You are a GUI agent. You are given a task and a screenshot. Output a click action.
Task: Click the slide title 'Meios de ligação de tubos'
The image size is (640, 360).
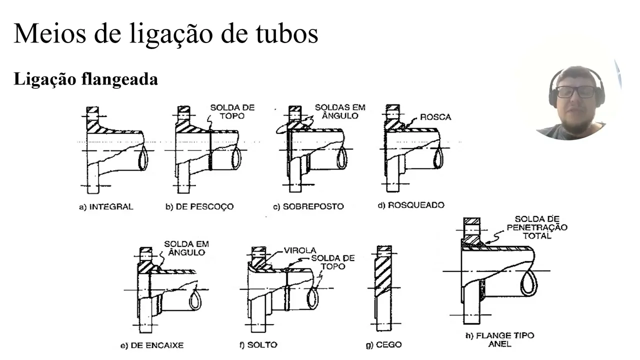coord(165,33)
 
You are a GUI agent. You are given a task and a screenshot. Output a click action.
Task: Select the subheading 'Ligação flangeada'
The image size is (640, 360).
coord(85,79)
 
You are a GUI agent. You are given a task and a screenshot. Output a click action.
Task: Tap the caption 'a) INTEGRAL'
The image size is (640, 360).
coord(106,206)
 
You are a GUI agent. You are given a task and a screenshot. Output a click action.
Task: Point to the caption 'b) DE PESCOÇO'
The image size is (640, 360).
coord(199,206)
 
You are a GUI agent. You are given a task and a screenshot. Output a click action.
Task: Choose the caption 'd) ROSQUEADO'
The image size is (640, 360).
coord(410,205)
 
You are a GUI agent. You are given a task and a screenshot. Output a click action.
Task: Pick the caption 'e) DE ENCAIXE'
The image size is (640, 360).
coord(152,345)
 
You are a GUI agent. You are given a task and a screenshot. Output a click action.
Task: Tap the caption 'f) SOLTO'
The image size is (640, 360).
coord(258,344)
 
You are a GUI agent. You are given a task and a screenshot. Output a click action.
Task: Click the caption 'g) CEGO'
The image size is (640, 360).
coord(383,344)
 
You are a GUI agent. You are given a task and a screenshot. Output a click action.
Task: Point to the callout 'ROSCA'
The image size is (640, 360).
coord(435,117)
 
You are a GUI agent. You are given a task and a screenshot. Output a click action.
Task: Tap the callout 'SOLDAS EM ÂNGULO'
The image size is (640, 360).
coord(340,111)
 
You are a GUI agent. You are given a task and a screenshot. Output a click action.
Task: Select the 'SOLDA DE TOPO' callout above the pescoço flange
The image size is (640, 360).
coord(232,111)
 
